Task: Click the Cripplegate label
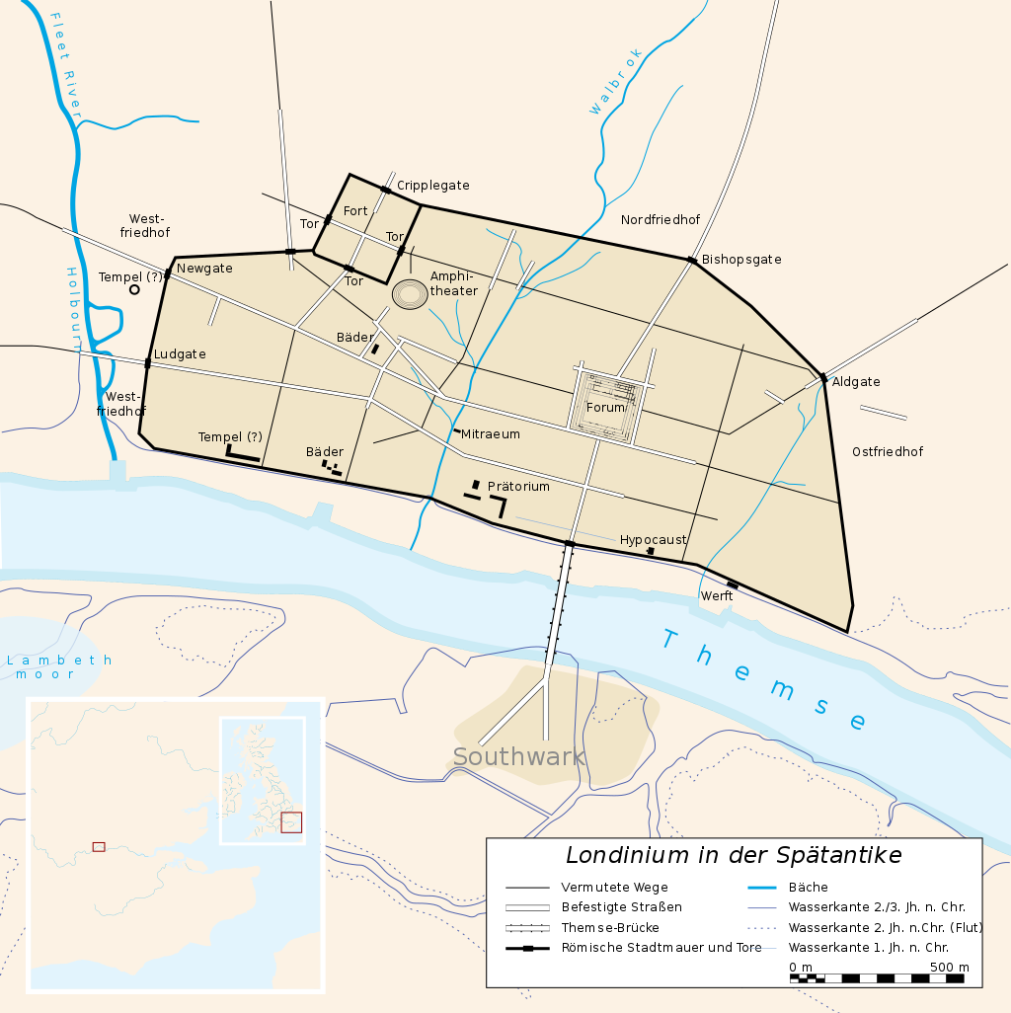point(432,186)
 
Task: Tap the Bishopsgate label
point(741,260)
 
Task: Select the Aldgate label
point(856,382)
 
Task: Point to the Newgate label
point(204,269)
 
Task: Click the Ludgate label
point(180,353)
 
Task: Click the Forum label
point(605,407)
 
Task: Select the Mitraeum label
point(490,433)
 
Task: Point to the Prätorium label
point(518,487)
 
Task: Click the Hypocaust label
point(653,540)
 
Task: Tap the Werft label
point(717,596)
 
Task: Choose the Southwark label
point(519,757)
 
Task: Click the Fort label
point(355,211)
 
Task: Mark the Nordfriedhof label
point(661,219)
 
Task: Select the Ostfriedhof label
point(888,451)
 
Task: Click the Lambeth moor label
point(59,666)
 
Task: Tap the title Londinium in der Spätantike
point(733,855)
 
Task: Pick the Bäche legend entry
point(808,887)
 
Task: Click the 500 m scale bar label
point(949,967)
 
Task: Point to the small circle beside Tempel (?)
point(134,289)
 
